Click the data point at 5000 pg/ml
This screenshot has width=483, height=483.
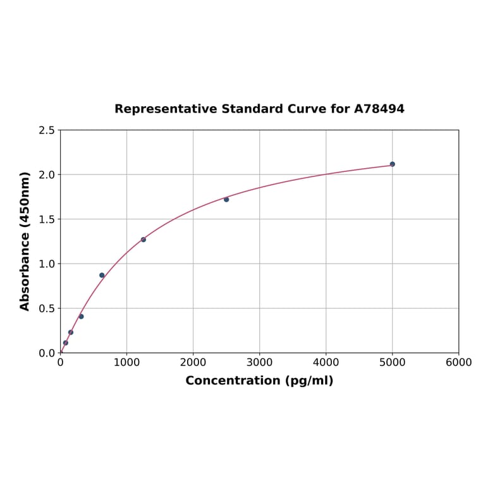point(392,164)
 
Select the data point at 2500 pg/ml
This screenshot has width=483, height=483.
point(226,199)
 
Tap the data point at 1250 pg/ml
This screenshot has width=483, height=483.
point(144,240)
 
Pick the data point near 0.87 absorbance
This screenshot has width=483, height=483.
point(102,275)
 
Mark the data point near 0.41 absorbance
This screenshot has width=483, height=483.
point(81,316)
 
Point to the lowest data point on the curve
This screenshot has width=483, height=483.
point(65,343)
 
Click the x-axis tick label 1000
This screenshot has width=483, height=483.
point(126,363)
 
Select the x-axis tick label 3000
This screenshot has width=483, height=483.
point(259,363)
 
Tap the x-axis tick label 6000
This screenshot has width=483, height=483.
point(458,363)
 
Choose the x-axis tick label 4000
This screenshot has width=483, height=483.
point(326,363)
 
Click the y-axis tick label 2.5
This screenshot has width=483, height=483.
point(47,130)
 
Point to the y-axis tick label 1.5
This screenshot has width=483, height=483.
point(47,219)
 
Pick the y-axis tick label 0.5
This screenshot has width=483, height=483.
point(47,309)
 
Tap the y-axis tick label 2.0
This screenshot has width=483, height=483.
point(47,174)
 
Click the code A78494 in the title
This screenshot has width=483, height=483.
point(379,109)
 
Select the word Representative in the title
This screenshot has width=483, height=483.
point(165,109)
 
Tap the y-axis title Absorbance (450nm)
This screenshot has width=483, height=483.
point(25,241)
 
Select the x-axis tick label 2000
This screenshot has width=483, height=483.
point(193,363)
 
